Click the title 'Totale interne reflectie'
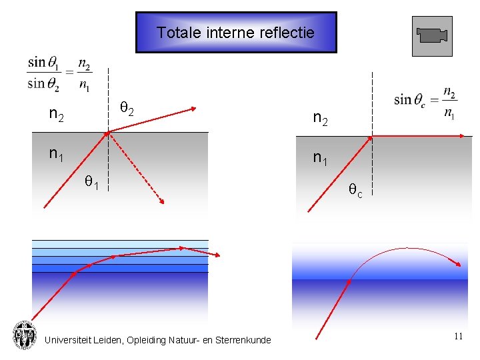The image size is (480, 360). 235,32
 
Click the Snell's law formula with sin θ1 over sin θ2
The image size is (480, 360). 59,73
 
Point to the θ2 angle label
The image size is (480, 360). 127,107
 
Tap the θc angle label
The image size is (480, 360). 356,191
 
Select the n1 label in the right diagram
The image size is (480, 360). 321,158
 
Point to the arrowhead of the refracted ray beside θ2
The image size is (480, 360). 193,107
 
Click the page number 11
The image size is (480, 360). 458,337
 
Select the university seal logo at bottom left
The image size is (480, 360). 25,335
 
